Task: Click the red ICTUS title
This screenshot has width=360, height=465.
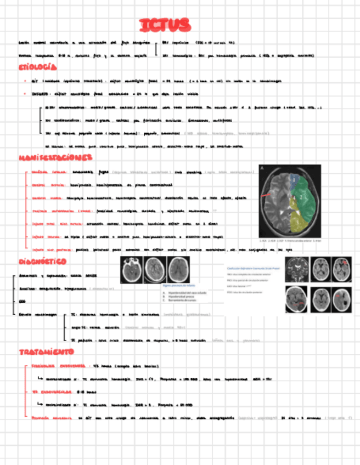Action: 165,25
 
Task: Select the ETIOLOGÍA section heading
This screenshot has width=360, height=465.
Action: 37,67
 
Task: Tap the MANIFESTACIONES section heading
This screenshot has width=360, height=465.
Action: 55,158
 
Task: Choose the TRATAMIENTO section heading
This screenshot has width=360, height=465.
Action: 46,351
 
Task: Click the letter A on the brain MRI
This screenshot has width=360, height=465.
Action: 262,168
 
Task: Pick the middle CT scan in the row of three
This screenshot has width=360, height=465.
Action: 155,269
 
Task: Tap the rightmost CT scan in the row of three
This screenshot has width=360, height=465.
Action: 179,269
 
